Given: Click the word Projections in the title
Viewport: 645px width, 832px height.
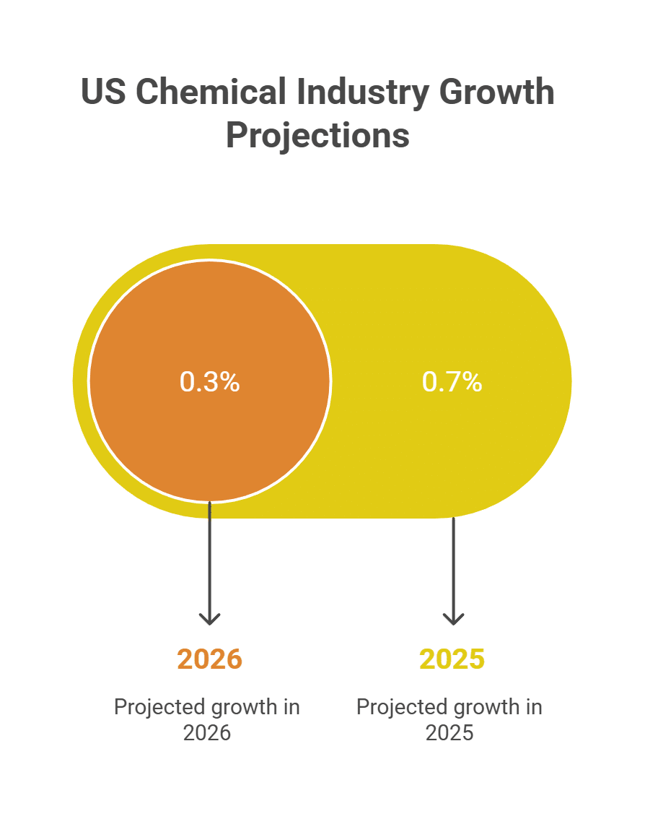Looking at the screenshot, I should click(317, 136).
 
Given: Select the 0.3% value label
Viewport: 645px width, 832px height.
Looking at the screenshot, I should click(209, 382).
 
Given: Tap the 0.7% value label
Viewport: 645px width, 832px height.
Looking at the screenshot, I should click(452, 382).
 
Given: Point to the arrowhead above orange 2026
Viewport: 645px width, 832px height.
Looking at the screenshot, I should click(209, 618).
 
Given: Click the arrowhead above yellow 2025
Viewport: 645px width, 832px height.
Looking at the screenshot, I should click(453, 618).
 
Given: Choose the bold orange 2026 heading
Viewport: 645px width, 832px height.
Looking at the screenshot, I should click(209, 659).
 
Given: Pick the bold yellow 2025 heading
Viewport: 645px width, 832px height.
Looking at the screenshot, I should click(452, 659).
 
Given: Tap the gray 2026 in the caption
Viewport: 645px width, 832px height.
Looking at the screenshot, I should click(207, 733).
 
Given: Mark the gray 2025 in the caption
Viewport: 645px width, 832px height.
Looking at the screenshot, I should click(449, 733).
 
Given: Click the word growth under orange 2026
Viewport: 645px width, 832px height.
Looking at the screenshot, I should click(240, 707).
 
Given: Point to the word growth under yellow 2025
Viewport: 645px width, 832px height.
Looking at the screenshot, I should click(482, 707).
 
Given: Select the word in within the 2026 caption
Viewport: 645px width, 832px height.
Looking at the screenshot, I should click(291, 707).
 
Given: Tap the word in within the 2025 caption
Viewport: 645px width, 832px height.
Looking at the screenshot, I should click(534, 707).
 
